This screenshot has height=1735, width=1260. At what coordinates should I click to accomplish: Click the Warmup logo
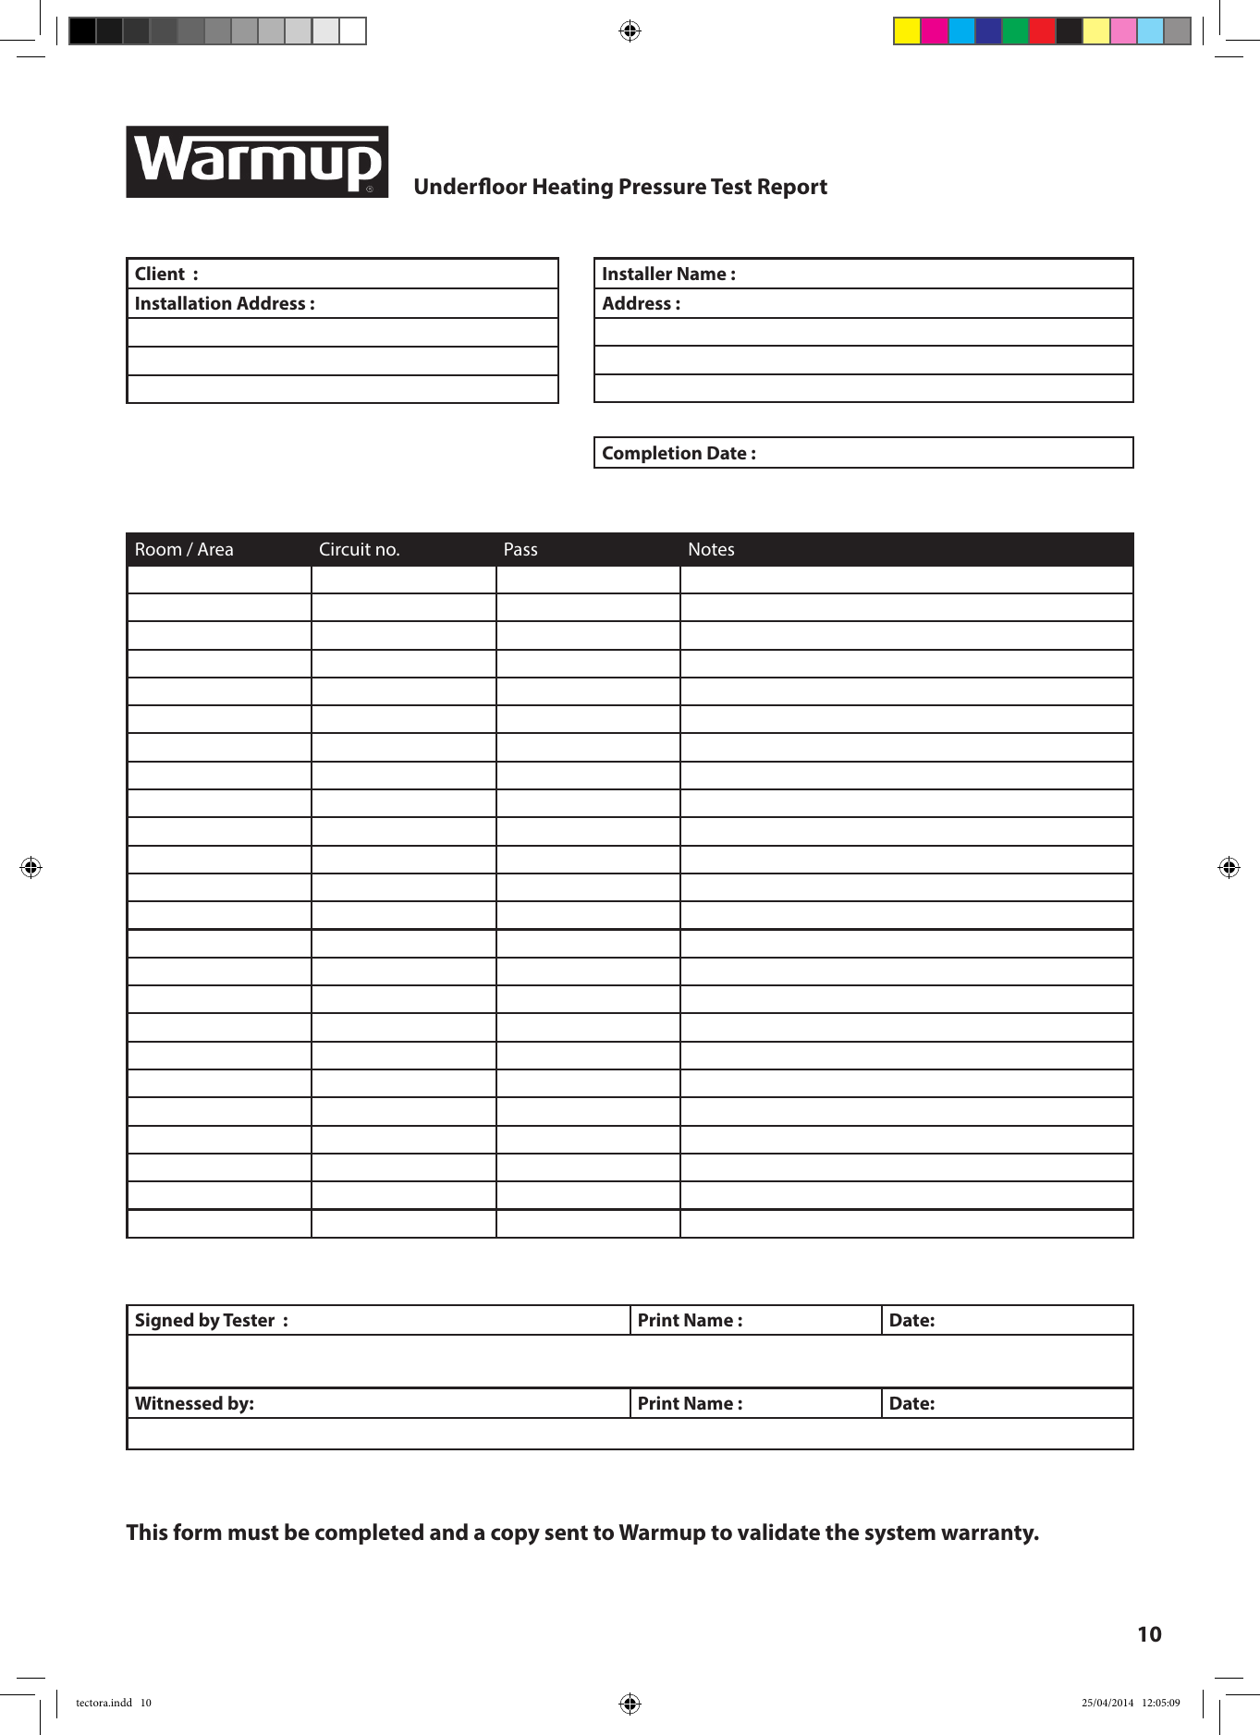click(257, 162)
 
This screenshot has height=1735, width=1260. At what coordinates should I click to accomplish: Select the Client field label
click(161, 274)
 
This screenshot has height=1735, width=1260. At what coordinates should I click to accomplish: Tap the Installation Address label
click(224, 303)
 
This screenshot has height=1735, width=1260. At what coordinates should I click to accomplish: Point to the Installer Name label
click(667, 274)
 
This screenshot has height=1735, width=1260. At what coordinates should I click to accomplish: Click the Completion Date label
click(678, 453)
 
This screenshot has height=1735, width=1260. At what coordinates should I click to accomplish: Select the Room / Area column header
click(184, 549)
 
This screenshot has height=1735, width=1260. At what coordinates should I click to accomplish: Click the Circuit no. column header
click(359, 549)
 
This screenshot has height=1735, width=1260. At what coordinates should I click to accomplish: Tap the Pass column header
click(520, 549)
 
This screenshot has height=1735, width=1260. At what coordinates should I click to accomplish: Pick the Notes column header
click(711, 549)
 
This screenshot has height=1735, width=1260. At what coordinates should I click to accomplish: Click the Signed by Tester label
click(210, 1320)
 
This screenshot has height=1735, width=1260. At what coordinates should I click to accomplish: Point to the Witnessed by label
click(194, 1403)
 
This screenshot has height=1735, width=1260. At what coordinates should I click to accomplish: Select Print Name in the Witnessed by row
click(689, 1403)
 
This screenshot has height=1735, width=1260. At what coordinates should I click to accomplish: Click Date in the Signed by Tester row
click(911, 1320)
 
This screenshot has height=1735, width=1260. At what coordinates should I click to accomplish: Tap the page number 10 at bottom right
click(1149, 1634)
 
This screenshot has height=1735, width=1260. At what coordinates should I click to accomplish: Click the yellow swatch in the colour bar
click(907, 31)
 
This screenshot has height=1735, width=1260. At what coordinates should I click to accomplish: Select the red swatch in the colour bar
click(1042, 31)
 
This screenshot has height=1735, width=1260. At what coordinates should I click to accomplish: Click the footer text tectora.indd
click(104, 1703)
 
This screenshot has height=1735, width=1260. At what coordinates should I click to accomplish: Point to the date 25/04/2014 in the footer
click(1107, 1703)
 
